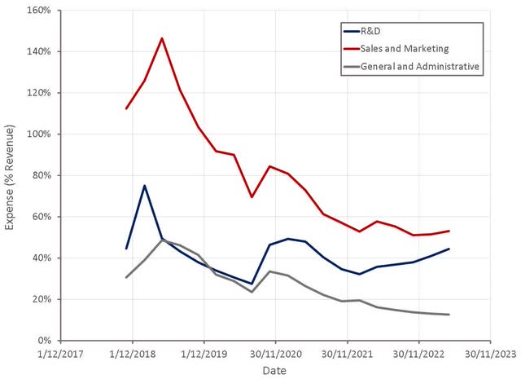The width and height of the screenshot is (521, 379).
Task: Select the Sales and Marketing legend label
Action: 405,49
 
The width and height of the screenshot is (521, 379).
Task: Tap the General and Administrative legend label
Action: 420,67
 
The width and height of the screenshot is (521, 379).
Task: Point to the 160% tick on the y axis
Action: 40,11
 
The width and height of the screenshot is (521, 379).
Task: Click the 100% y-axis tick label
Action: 40,134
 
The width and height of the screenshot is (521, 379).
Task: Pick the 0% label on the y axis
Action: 44,341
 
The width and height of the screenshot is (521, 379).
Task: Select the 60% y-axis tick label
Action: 42,217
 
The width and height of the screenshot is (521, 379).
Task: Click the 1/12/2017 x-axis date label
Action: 61,354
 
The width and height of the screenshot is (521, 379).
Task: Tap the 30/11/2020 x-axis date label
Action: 276,354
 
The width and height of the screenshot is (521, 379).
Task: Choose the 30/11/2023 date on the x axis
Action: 491,354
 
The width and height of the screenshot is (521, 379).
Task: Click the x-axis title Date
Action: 274,370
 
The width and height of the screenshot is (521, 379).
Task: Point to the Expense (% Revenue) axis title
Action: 9,177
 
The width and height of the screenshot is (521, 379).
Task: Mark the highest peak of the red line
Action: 162,38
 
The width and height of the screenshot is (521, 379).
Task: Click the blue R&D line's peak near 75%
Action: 144,185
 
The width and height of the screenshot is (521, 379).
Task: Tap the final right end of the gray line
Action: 449,315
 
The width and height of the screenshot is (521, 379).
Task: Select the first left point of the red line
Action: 126,108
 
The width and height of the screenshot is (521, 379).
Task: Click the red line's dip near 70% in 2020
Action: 252,197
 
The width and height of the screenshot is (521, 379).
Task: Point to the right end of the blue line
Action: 449,249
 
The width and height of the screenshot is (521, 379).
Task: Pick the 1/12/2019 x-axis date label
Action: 204,354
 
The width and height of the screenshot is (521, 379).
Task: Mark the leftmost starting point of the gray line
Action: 126,277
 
